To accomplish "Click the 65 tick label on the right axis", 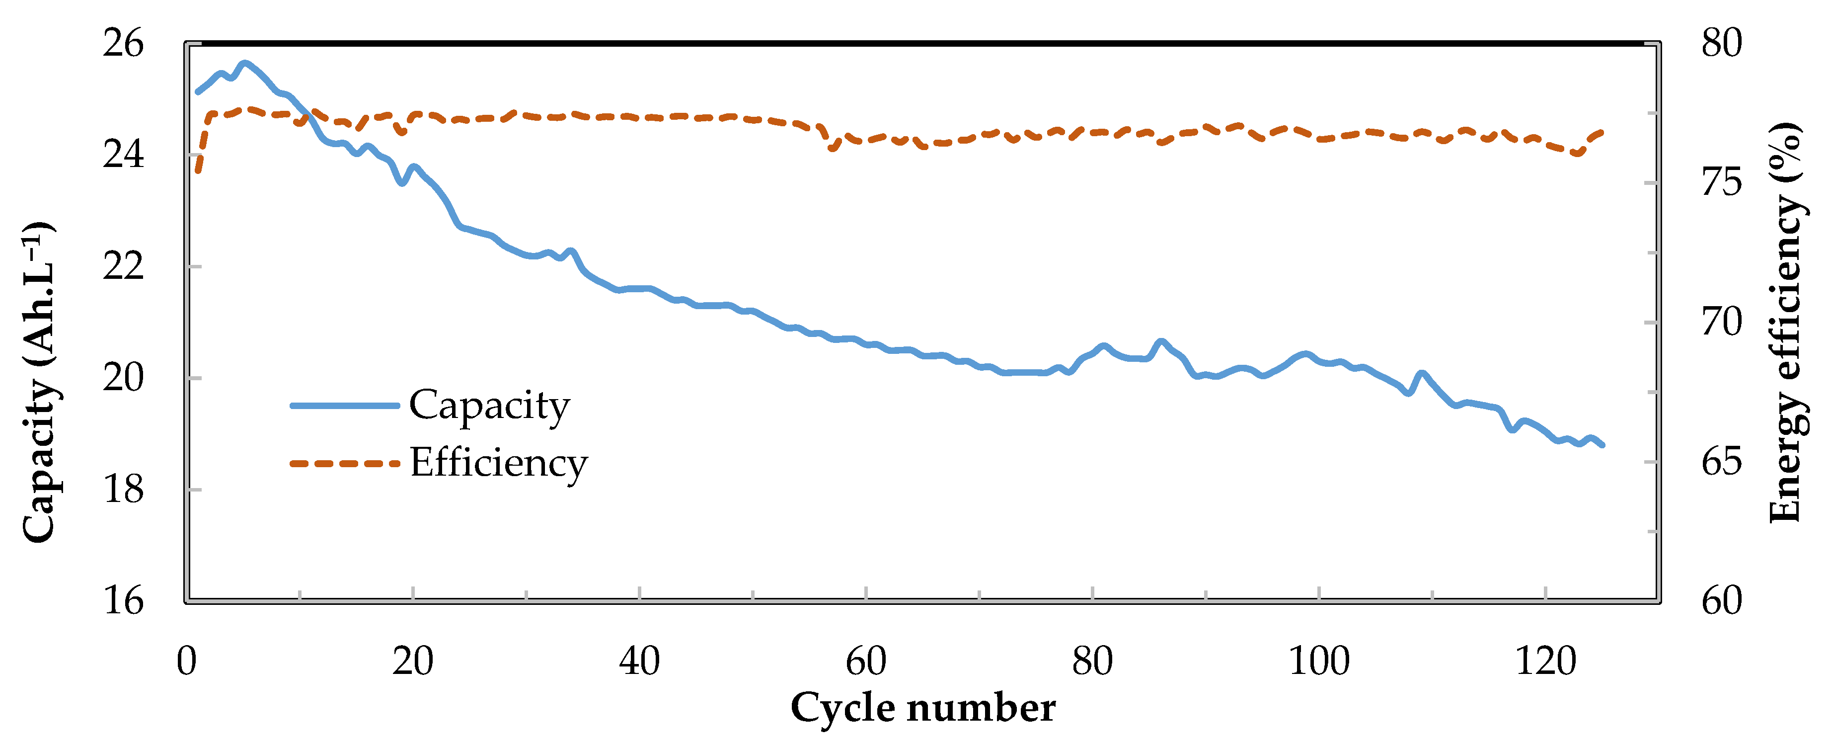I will [x=1722, y=462].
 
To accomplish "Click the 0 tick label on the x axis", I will [x=186, y=662].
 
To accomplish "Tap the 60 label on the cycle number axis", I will [x=865, y=662].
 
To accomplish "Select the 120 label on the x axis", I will [x=1545, y=662].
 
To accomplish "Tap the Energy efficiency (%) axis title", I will [x=1785, y=322].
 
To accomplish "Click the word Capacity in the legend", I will [x=489, y=406].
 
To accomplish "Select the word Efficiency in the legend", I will [x=499, y=463].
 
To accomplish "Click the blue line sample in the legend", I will [x=345, y=406].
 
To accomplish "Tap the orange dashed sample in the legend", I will [x=345, y=463].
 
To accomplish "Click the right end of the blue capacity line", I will [x=1603, y=445].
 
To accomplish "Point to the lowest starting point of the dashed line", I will [x=198, y=171].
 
